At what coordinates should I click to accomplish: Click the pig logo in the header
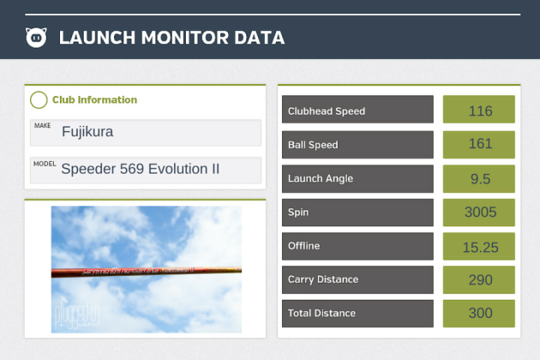[x=36, y=38]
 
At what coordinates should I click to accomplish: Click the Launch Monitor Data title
[x=171, y=38]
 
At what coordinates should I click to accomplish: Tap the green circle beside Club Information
[x=39, y=100]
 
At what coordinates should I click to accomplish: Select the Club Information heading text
[x=94, y=100]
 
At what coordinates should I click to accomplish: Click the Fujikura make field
[x=145, y=132]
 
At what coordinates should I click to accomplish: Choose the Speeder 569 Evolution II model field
[x=145, y=169]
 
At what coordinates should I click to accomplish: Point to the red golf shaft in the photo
[x=146, y=272]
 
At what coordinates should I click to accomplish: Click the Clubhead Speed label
[x=357, y=111]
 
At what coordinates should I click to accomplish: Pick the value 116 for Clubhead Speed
[x=479, y=111]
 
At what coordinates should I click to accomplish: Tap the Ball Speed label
[x=357, y=145]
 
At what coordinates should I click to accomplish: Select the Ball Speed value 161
[x=479, y=144]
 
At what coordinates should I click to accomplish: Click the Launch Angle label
[x=357, y=178]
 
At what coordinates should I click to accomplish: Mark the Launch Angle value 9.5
[x=479, y=178]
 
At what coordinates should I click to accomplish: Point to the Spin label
[x=357, y=212]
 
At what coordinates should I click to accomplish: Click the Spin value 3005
[x=479, y=212]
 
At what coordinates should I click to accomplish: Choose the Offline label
[x=357, y=246]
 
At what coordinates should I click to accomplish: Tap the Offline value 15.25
[x=479, y=246]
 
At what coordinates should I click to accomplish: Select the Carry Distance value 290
[x=479, y=279]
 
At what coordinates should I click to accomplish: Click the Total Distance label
[x=357, y=313]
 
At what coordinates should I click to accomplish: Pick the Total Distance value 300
[x=479, y=313]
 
